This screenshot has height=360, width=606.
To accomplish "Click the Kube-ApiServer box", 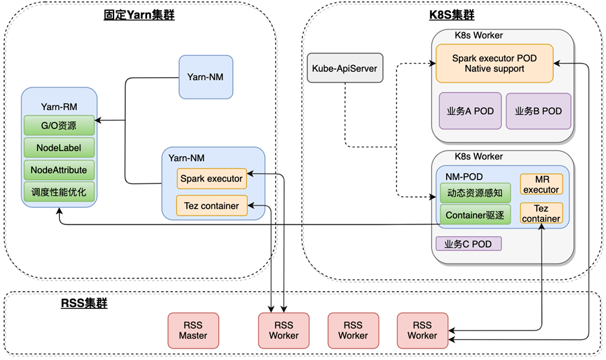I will point(345,68).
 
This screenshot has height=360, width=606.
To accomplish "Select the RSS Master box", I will point(193,330).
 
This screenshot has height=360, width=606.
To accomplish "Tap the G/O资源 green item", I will point(58,125).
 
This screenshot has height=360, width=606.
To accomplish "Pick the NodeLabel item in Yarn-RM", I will point(58,148).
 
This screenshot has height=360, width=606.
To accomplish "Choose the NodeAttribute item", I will point(58,170).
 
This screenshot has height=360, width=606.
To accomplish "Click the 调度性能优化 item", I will point(58,193).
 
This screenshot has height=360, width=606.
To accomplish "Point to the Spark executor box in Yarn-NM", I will point(211,179).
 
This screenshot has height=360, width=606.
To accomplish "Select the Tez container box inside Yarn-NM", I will point(211,206).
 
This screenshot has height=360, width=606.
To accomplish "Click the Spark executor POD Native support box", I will point(494,64).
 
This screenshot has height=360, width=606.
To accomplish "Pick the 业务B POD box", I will point(538,111).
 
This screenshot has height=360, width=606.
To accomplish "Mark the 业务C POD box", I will point(468,244).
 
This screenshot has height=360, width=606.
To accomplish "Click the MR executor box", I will point(541,185).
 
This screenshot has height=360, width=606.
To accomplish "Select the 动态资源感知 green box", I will point(475,193).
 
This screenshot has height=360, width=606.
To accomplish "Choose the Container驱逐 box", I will point(475,216).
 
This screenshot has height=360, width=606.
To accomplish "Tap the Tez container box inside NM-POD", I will point(541,213).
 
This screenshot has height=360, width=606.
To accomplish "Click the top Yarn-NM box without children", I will point(206,77).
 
